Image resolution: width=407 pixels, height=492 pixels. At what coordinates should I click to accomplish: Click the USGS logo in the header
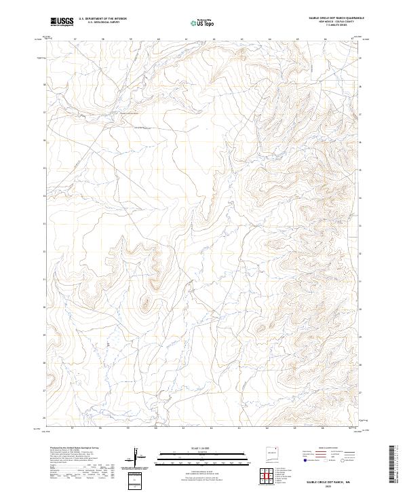coord(62,22)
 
